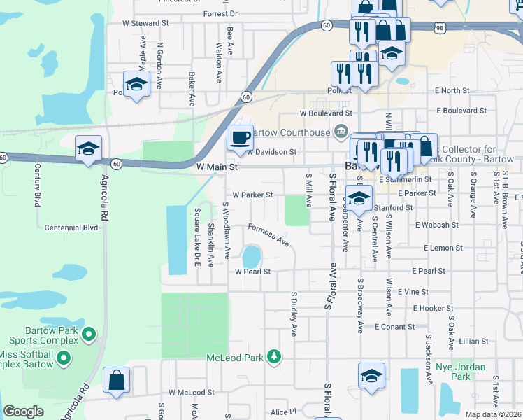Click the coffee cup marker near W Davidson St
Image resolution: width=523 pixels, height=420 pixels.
point(241,137)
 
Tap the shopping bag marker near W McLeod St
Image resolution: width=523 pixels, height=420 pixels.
point(117,381)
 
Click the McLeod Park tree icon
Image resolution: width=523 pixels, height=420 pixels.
point(274,357)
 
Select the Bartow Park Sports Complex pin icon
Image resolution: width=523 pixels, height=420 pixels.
point(88,335)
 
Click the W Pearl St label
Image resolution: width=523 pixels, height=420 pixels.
point(252,271)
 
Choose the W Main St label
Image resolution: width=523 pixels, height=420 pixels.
point(217,167)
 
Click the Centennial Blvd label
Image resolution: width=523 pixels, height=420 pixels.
point(71,227)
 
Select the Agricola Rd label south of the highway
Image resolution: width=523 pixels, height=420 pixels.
point(107,197)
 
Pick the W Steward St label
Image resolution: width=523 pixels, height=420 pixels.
point(145,23)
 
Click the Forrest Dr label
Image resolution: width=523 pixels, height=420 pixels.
point(220,13)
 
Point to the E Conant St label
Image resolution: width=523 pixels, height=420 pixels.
point(395,326)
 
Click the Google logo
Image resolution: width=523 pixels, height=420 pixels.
point(23,412)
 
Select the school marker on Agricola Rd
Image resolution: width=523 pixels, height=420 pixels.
point(89,148)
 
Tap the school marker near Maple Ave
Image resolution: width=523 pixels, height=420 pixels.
point(136,85)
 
